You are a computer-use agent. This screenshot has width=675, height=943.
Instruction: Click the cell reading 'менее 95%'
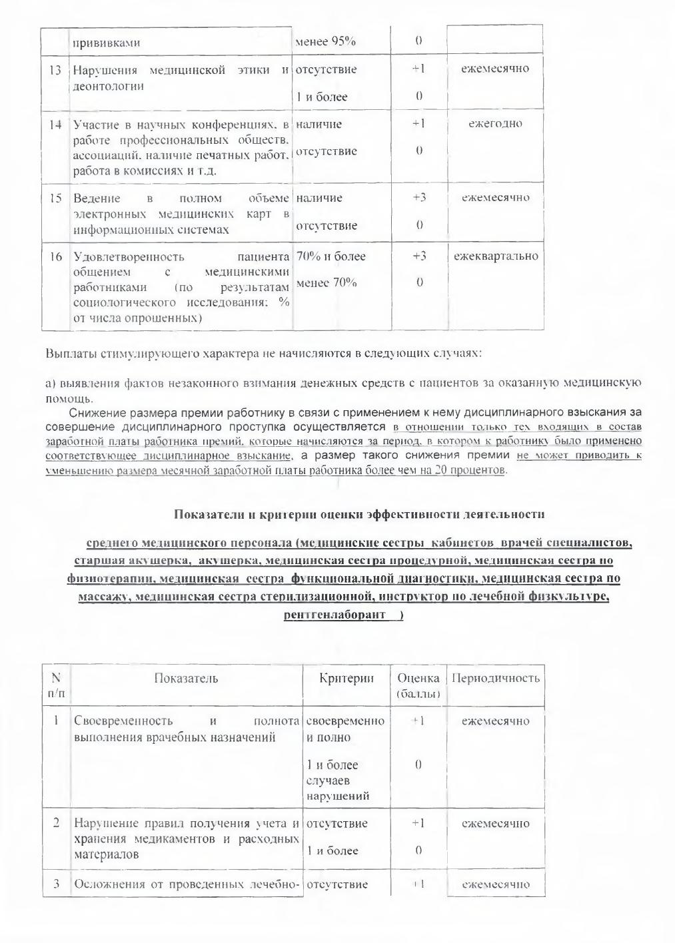pyautogui.click(x=325, y=42)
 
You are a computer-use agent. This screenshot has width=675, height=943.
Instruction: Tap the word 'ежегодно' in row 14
pyautogui.click(x=495, y=123)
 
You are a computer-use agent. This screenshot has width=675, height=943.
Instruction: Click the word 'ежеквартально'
pyautogui.click(x=496, y=256)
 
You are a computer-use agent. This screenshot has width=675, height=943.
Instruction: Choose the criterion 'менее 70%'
pyautogui.click(x=326, y=283)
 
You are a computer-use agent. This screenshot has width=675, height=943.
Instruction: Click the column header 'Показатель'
pyautogui.click(x=186, y=679)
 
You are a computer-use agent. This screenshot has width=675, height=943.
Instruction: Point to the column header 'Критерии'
pyautogui.click(x=346, y=679)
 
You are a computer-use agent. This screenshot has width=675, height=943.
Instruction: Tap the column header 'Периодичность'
pyautogui.click(x=495, y=679)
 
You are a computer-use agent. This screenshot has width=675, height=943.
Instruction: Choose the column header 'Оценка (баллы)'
pyautogui.click(x=418, y=686)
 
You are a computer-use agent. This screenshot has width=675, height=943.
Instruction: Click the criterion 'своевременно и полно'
pyautogui.click(x=345, y=729)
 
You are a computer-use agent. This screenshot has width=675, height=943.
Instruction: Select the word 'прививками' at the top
pyautogui.click(x=106, y=43)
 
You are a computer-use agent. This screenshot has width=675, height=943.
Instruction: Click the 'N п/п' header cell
pyautogui.click(x=56, y=686)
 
